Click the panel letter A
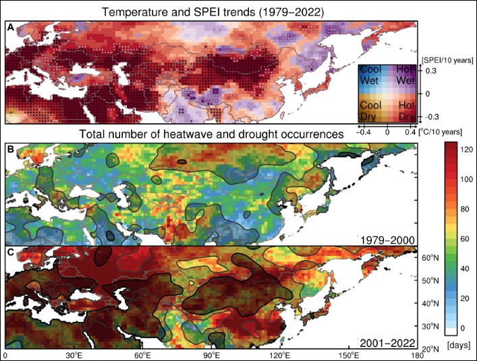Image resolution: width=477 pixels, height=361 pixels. coord(11,27)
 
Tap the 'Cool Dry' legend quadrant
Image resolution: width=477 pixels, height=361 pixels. coord(371,111)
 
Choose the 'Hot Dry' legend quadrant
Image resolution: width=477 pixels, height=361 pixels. coord(403,111)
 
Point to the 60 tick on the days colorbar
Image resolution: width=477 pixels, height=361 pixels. coord(464,238)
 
